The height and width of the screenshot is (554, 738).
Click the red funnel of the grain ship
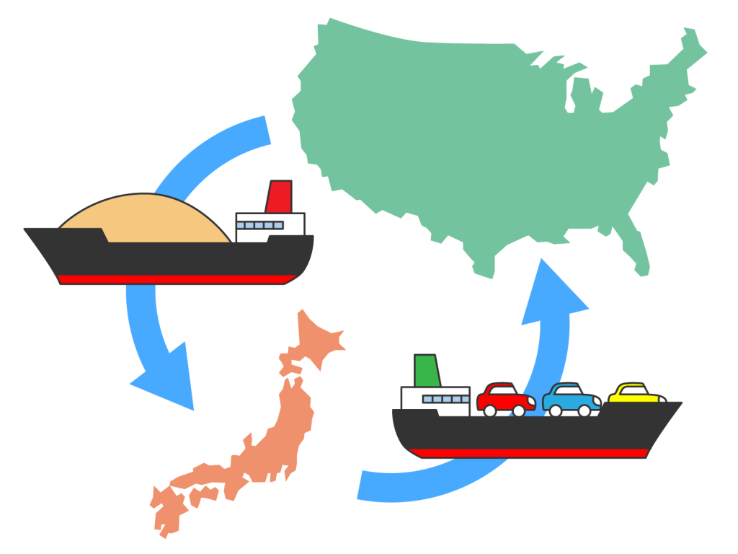[x=279, y=196]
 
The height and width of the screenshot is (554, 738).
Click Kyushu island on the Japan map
[x=167, y=512]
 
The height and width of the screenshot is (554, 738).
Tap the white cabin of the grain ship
[x=270, y=227]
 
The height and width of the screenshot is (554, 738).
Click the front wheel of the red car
[x=518, y=410]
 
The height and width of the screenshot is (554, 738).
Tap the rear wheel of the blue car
[x=556, y=410]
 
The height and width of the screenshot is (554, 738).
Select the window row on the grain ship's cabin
[x=260, y=225]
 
